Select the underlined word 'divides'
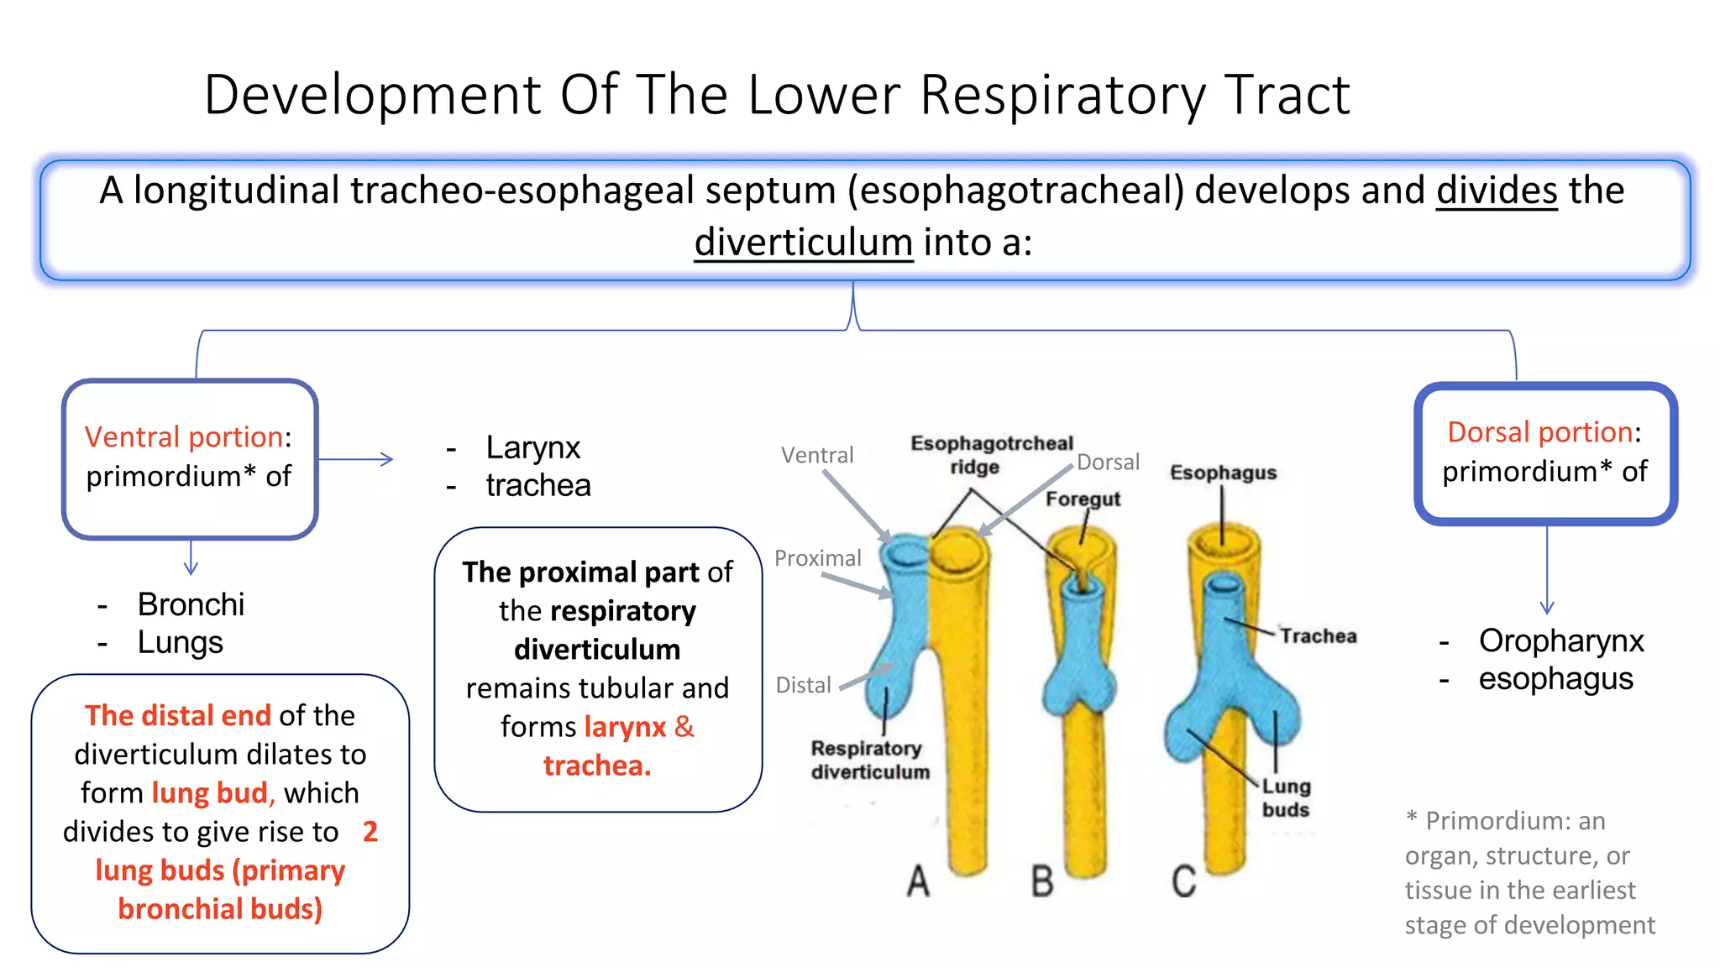tap(1497, 191)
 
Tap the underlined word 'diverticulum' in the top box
tap(803, 243)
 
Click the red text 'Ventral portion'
tap(183, 436)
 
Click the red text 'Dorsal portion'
tap(1539, 431)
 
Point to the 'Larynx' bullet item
tap(532, 447)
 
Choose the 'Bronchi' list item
tap(191, 604)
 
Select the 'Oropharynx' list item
tap(1560, 640)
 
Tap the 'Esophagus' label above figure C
tap(1223, 473)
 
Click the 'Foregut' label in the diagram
tap(1083, 499)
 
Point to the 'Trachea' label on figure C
tap(1318, 636)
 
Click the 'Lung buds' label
tap(1286, 797)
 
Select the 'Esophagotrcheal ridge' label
tap(991, 454)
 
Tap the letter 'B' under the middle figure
tap(1042, 881)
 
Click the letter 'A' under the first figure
tap(918, 881)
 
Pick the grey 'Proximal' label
tap(817, 558)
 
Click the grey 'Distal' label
tap(803, 686)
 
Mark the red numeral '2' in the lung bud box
tap(370, 832)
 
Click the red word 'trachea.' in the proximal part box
tap(597, 766)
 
